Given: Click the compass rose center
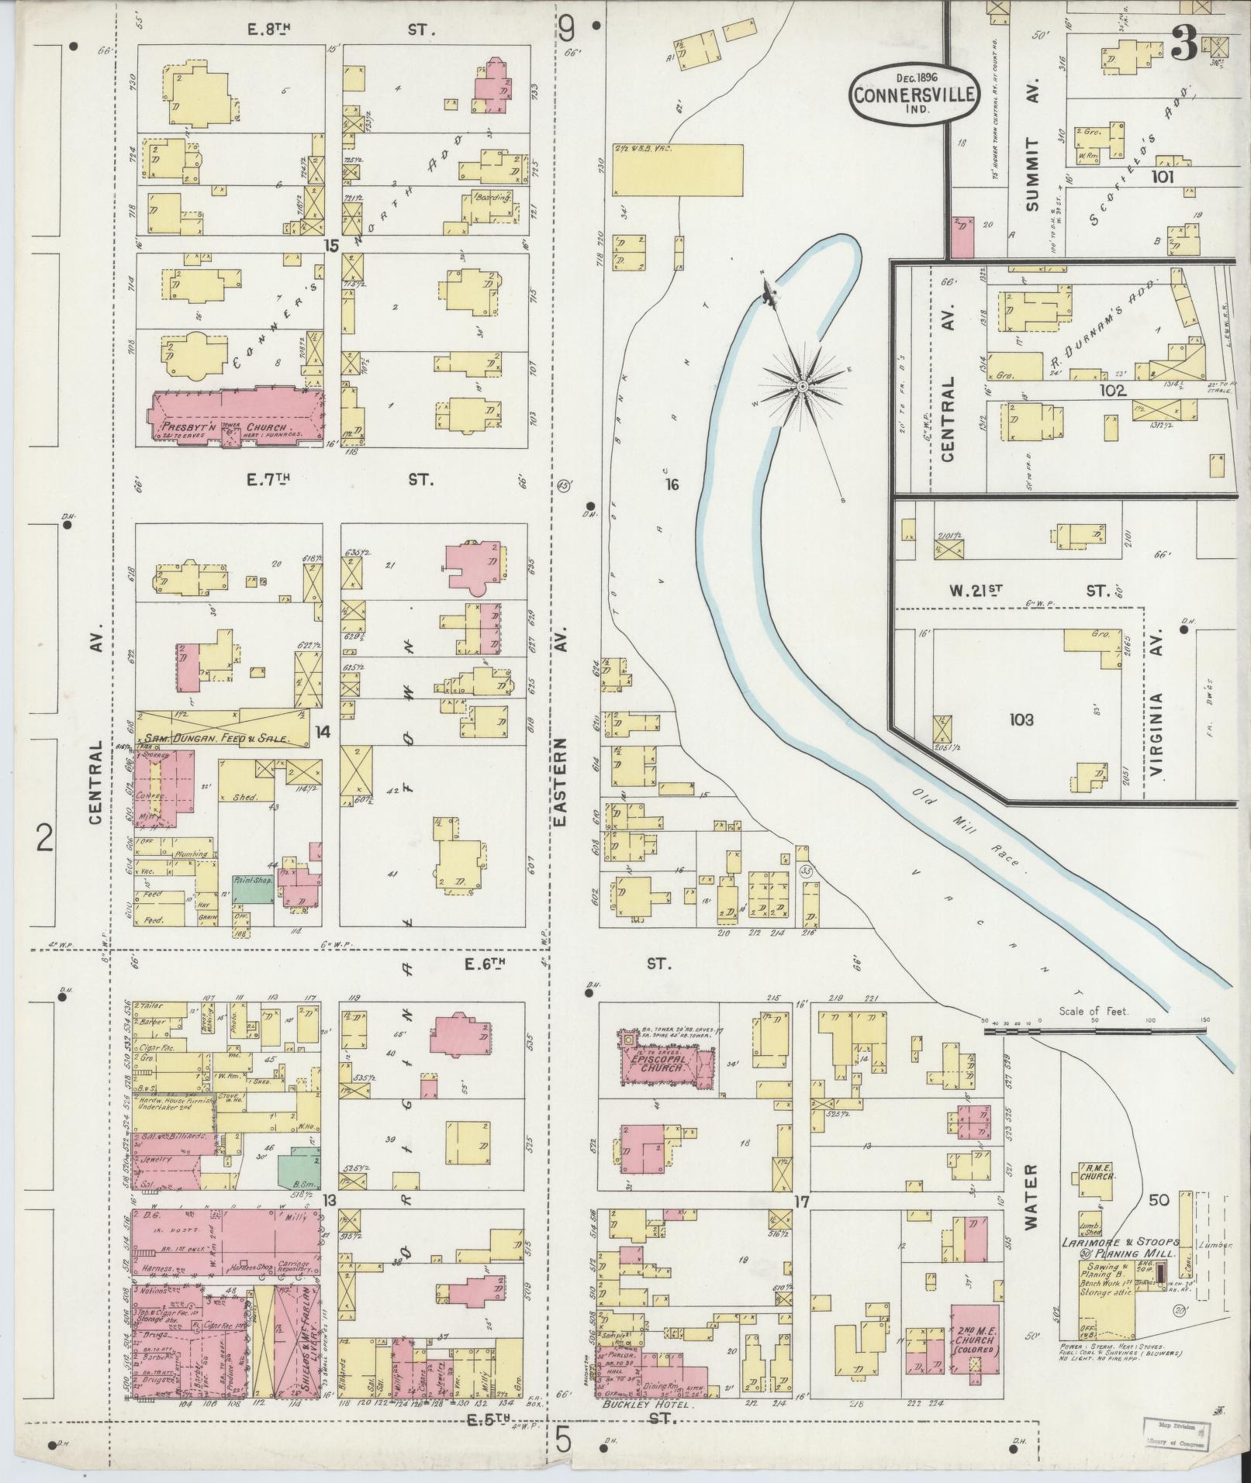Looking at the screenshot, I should pyautogui.click(x=803, y=385).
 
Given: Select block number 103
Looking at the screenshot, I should pyautogui.click(x=1021, y=720).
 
